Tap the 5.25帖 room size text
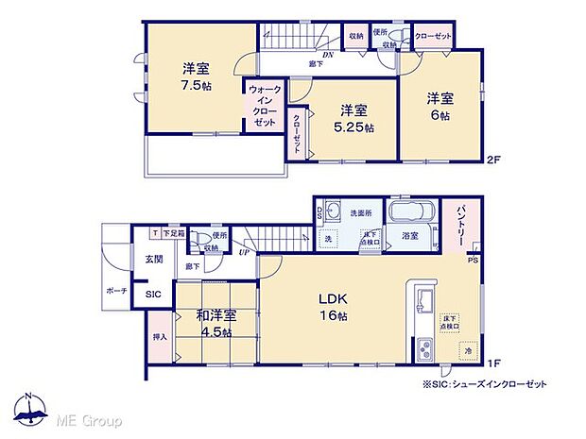pos(355,127)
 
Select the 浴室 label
pos(410,234)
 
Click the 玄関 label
pos(154,259)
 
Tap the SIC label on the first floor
pos(152,295)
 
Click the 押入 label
pos(159,336)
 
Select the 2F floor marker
pos(492,158)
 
